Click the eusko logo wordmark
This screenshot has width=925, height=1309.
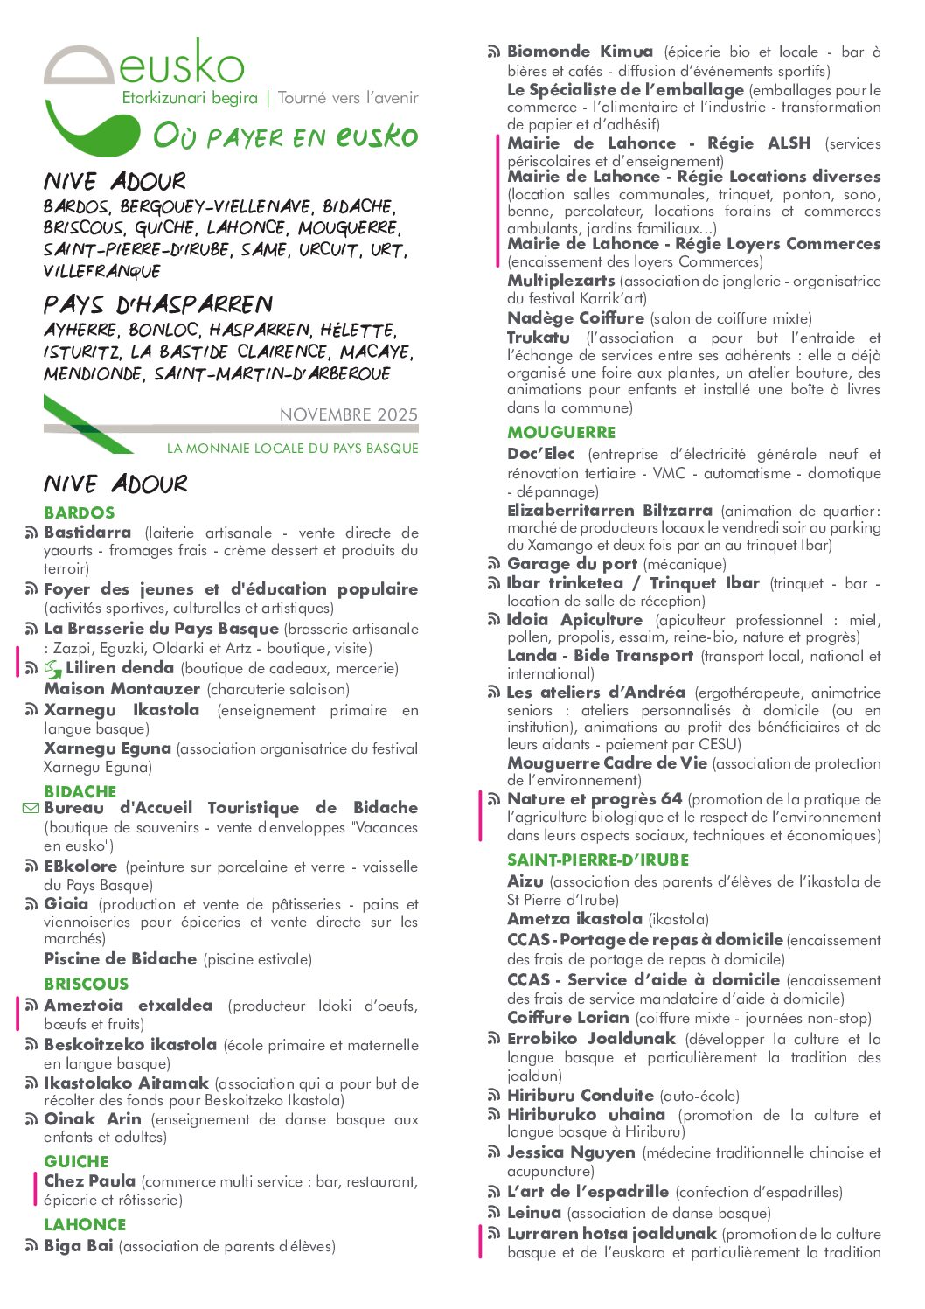181,65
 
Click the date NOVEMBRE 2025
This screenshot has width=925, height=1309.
349,414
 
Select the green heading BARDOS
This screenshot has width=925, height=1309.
80,512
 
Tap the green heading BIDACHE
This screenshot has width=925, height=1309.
80,790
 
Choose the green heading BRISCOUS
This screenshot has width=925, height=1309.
86,984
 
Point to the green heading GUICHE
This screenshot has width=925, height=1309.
76,1161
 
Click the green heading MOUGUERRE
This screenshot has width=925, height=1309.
561,432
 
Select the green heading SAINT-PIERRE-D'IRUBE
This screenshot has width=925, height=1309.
598,860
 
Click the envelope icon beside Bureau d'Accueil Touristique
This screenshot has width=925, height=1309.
31,809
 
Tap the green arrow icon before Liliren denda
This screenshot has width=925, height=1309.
53,670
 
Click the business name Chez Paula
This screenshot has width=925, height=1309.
90,1180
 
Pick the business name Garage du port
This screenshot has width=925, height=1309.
572,564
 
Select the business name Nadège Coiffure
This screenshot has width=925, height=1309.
575,318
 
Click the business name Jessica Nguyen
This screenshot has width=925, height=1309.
571,1152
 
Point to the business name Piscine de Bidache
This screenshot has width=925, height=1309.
121,958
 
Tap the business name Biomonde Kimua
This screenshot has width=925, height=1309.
580,52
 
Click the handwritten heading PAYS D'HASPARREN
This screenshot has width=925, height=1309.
158,304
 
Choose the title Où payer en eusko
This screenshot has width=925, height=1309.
285,136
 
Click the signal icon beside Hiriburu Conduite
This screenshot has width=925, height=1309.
494,1096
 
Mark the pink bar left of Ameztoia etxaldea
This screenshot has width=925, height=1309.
17,1013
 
